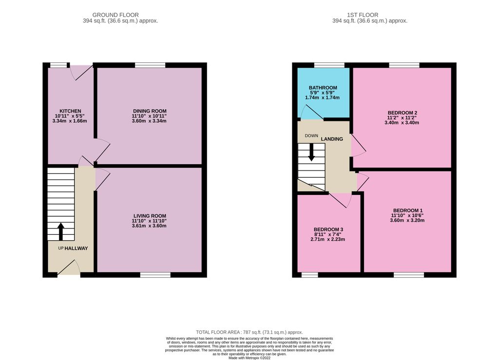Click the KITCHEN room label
[x=70, y=111]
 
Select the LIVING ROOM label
[x=150, y=216]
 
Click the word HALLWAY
[x=77, y=248]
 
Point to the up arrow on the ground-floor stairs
[x=61, y=231]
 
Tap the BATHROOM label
[x=323, y=88]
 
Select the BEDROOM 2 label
[x=402, y=113]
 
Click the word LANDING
[x=332, y=139]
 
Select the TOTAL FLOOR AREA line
[x=249, y=332]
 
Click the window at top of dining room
[x=150, y=65]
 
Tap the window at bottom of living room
[x=155, y=275]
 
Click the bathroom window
[x=329, y=65]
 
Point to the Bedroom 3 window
[x=309, y=275]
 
